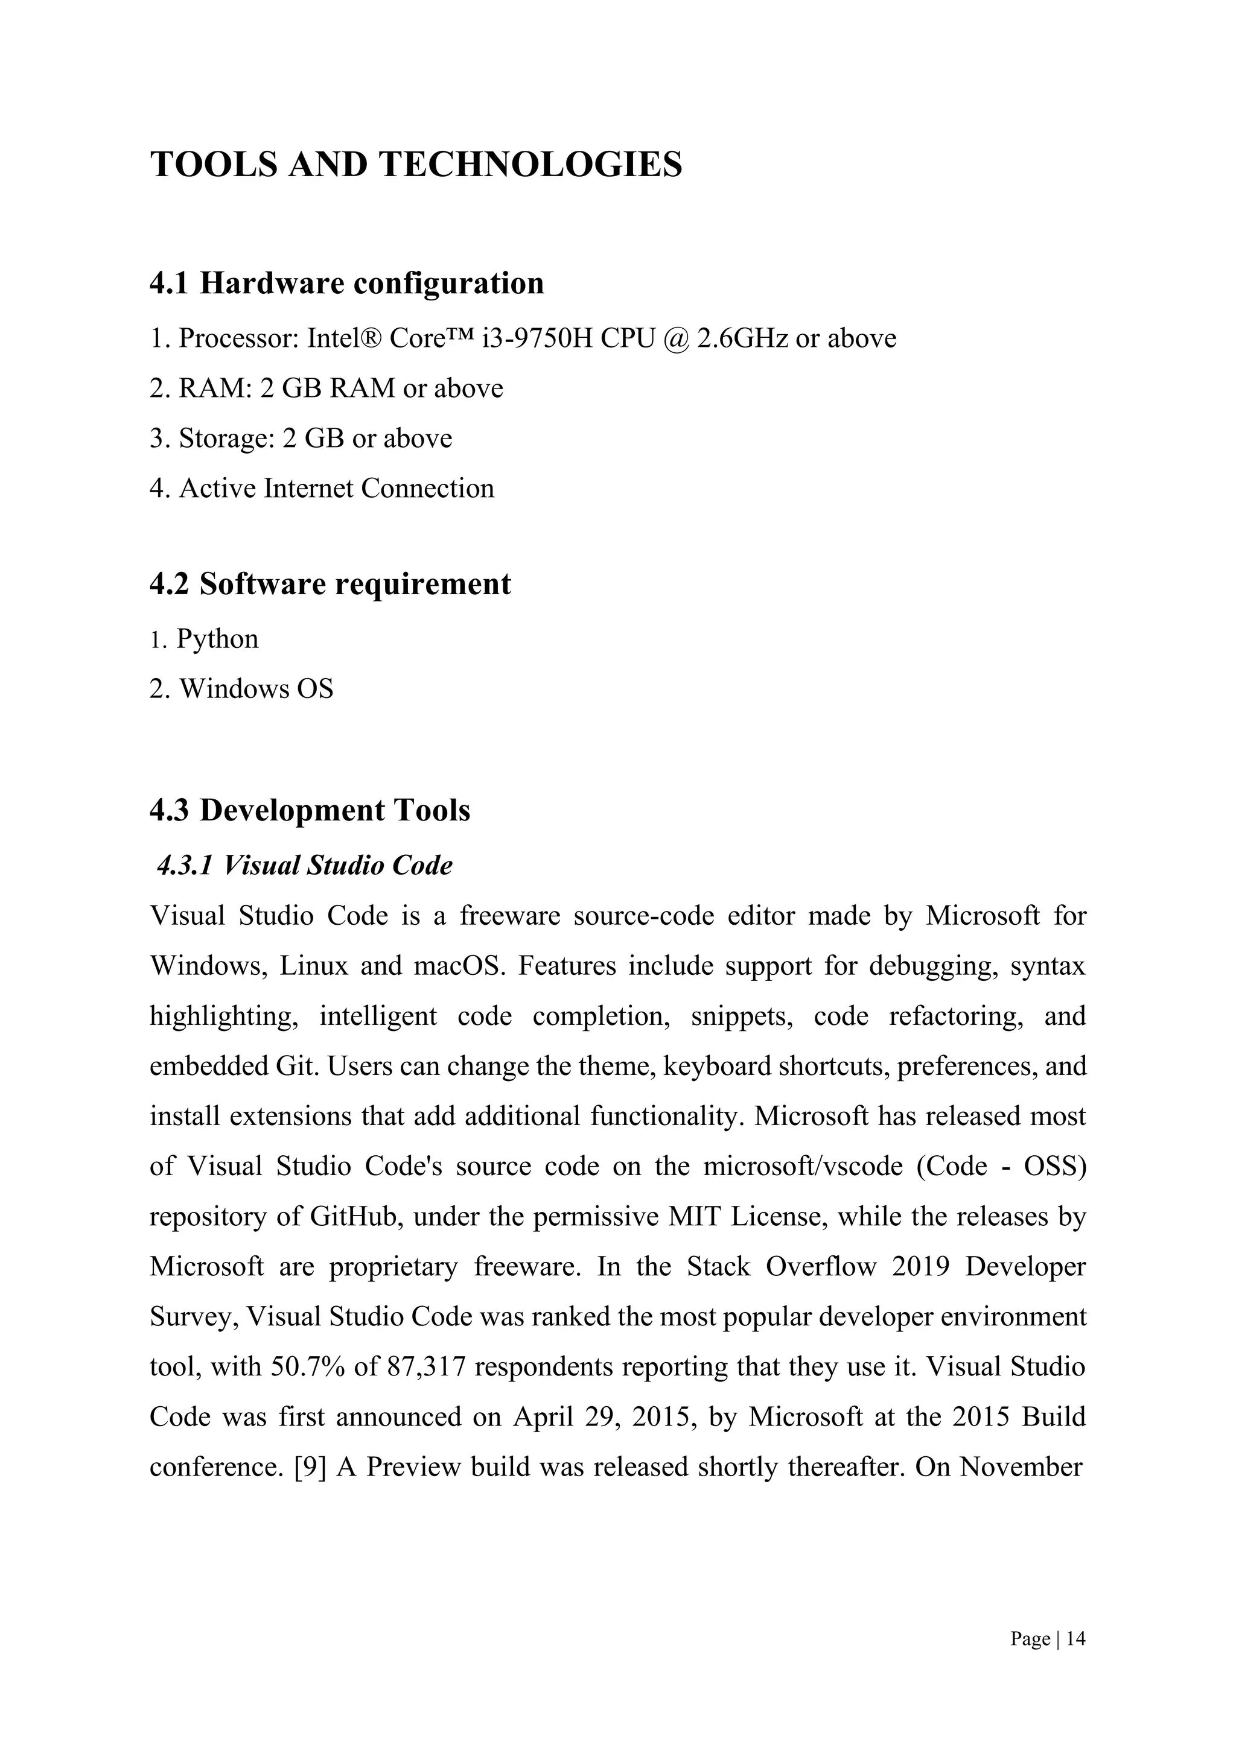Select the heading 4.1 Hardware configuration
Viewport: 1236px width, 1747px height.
(x=346, y=283)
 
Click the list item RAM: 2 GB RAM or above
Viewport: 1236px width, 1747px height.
(x=327, y=389)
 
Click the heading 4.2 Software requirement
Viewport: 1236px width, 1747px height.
(x=330, y=585)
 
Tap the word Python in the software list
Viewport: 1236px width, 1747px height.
(x=218, y=639)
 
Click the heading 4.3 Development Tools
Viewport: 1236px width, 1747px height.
(x=310, y=810)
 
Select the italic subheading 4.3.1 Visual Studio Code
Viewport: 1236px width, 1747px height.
(x=304, y=865)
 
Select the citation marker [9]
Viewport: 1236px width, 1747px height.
(x=310, y=1467)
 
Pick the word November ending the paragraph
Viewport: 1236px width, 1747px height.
(x=1021, y=1467)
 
